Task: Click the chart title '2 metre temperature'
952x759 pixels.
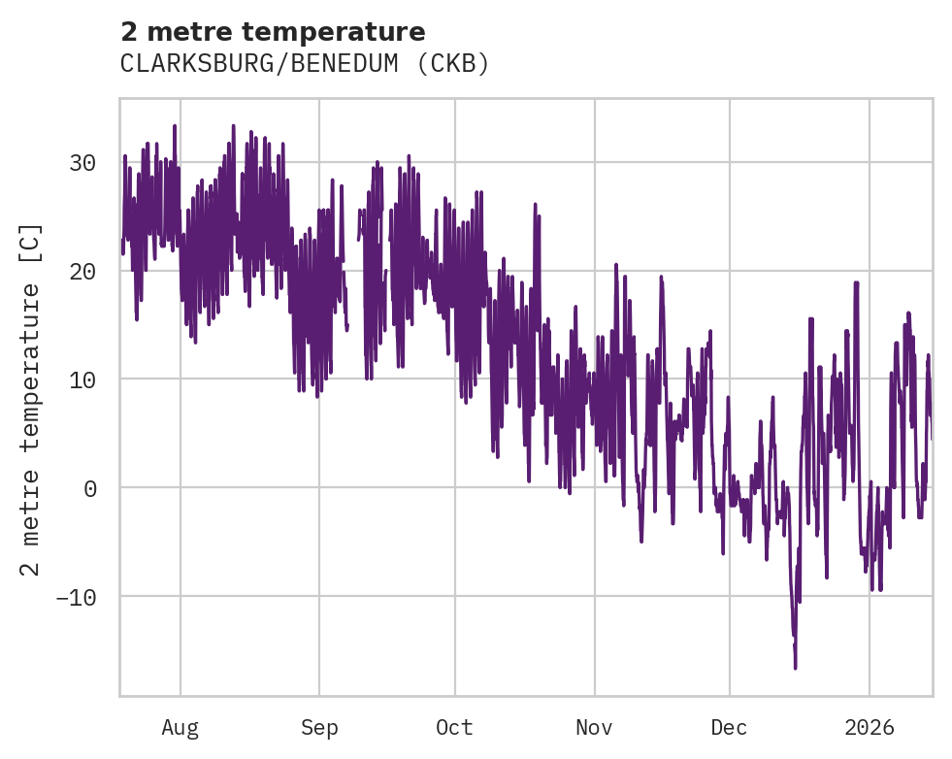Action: coord(273,32)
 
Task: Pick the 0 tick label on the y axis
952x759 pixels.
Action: coord(88,487)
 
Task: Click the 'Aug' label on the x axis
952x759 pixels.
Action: coord(180,728)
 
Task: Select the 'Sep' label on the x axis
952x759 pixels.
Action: coord(319,728)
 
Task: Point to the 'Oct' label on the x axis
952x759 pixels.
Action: coord(454,728)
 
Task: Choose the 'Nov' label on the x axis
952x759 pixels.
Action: coord(594,728)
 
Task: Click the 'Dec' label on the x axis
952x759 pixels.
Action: coord(729,728)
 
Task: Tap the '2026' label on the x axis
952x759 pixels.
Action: coord(869,728)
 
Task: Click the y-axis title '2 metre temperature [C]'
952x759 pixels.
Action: coord(31,398)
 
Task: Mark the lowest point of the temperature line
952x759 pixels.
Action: coord(795,668)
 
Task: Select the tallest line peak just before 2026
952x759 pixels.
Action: coord(856,282)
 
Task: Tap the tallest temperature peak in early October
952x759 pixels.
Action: coord(477,190)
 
